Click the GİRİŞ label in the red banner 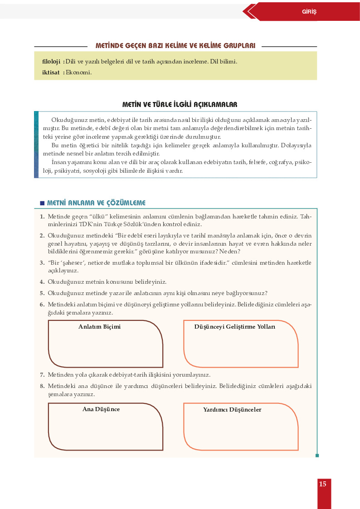[x=309, y=12]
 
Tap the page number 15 [x=322, y=484]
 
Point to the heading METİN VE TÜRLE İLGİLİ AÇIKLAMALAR [x=180, y=105]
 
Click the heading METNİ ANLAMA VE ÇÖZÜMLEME [x=96, y=203]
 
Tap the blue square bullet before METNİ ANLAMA [x=42, y=203]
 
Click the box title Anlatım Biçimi [x=99, y=327]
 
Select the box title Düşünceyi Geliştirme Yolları [x=234, y=327]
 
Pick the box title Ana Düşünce [x=101, y=409]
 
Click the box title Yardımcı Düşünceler [x=232, y=410]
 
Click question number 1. [x=42, y=217]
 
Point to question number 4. [x=42, y=282]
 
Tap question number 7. [x=42, y=375]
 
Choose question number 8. [x=42, y=386]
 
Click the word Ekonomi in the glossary [x=78, y=72]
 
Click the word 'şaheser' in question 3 [x=77, y=263]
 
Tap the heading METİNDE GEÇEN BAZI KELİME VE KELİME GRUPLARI [x=175, y=46]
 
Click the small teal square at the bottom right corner [x=317, y=456]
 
